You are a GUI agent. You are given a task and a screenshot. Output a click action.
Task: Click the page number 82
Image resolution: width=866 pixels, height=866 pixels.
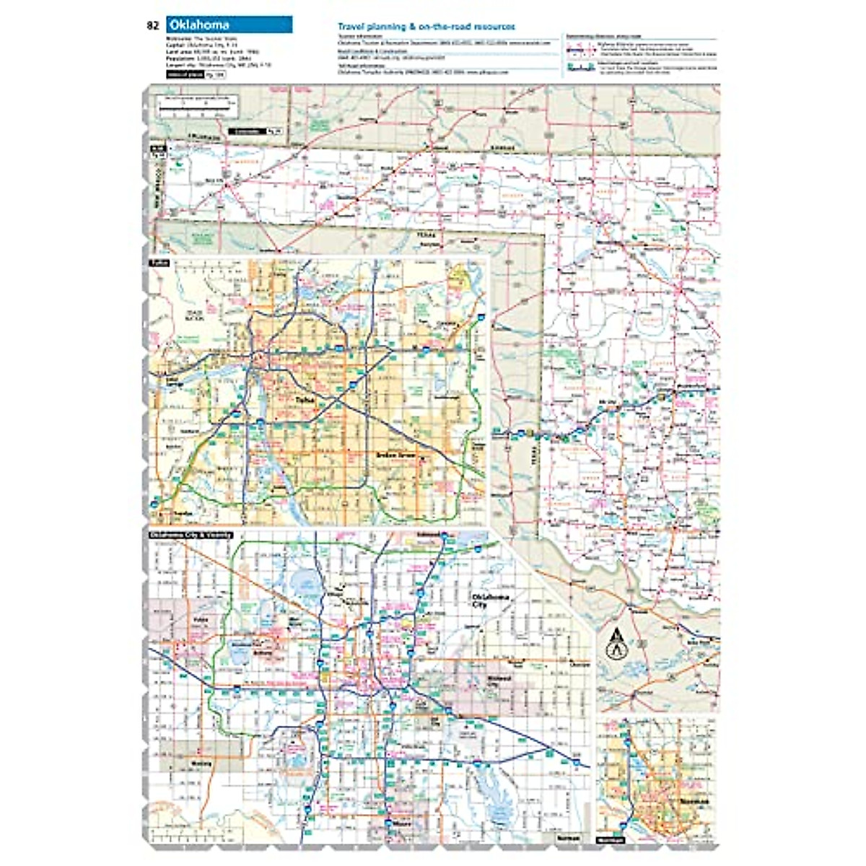(152, 25)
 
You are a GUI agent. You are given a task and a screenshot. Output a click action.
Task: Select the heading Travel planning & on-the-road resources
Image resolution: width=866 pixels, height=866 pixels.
(427, 27)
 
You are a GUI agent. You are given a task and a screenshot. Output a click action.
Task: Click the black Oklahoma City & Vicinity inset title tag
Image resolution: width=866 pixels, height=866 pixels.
(191, 535)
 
